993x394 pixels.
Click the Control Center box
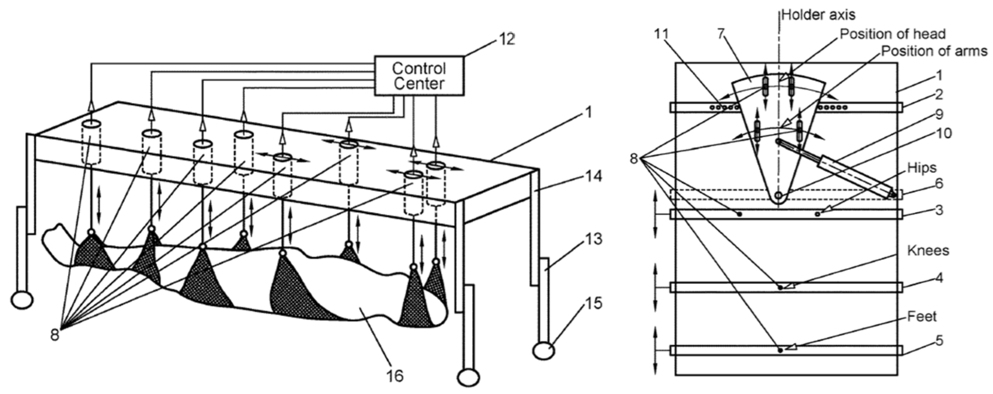[419, 76]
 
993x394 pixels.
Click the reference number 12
[506, 39]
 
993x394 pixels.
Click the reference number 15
[593, 303]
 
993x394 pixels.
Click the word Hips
[922, 168]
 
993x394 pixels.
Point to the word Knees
[928, 250]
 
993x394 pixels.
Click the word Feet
[922, 317]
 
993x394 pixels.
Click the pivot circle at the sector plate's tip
[779, 195]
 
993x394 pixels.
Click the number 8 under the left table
[55, 335]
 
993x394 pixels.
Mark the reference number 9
[939, 114]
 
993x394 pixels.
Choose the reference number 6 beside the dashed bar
[939, 184]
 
